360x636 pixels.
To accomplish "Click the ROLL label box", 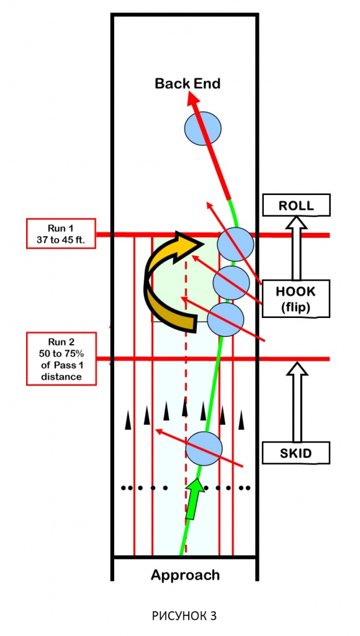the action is [296, 205].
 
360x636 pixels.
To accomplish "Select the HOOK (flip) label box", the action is [296, 299].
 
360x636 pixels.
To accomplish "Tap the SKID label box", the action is [296, 453].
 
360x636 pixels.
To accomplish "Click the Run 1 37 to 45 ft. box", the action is [61, 234].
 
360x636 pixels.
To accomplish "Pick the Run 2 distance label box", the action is [61, 358].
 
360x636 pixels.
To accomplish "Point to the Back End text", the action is [187, 84].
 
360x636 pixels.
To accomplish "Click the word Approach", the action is [185, 575].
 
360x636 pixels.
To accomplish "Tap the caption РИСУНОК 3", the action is [184, 616].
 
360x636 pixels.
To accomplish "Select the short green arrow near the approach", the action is [195, 499].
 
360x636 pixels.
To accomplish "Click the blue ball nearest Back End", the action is [203, 129].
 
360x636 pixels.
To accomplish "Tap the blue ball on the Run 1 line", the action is [235, 244].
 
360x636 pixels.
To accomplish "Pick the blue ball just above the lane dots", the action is [204, 448].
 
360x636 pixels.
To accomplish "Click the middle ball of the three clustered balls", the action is [231, 283].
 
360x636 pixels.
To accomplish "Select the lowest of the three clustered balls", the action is [225, 319].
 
